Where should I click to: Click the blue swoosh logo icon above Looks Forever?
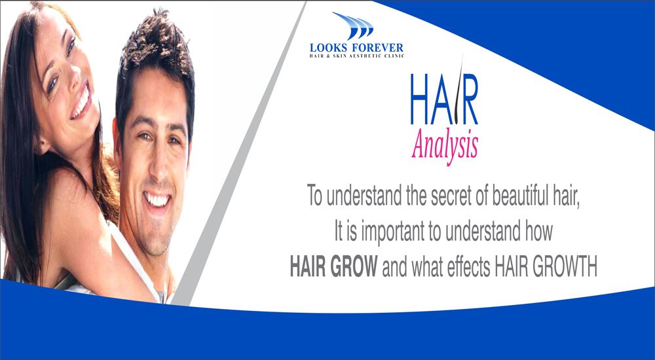click(x=352, y=26)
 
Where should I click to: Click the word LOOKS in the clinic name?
click(x=331, y=47)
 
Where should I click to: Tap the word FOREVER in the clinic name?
click(x=379, y=47)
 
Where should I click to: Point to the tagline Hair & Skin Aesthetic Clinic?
click(x=356, y=56)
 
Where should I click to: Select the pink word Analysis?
click(x=444, y=144)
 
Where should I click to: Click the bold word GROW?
click(x=355, y=267)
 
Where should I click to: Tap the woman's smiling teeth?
click(x=81, y=103)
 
